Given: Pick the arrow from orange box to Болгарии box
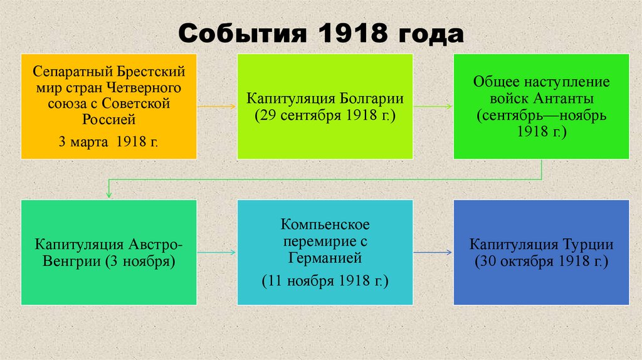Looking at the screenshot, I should pyautogui.click(x=216, y=107).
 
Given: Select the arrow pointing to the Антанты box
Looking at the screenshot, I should pyautogui.click(x=433, y=107).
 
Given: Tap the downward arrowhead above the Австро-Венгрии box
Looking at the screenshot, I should pyautogui.click(x=109, y=194).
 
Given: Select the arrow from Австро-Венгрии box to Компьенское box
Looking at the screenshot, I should pyautogui.click(x=216, y=252).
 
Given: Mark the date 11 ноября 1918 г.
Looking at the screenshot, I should pyautogui.click(x=325, y=280).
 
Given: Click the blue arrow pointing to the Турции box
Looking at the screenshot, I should pyautogui.click(x=433, y=252).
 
